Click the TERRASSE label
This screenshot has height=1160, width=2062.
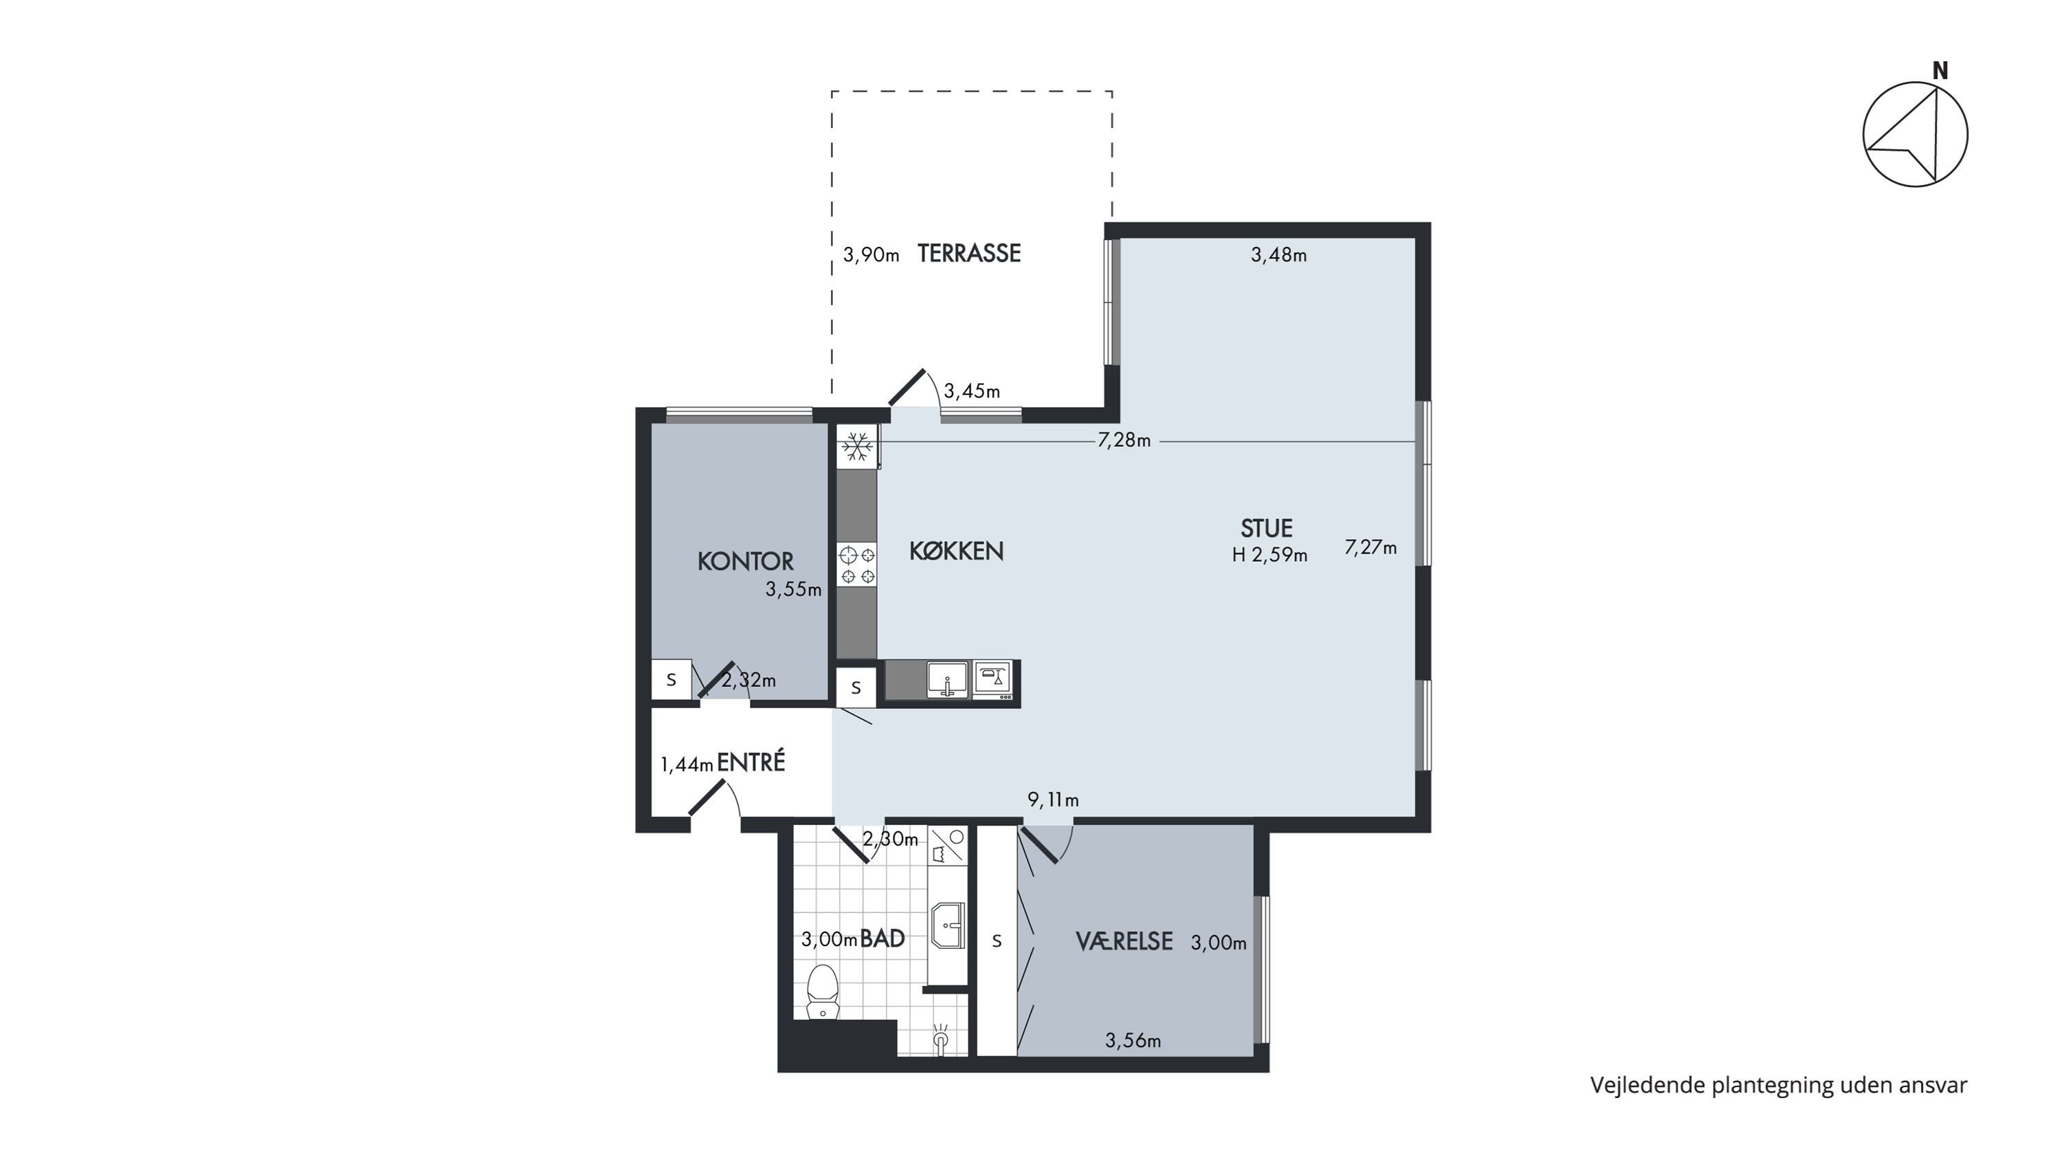(968, 254)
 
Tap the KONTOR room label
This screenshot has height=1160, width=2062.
(745, 561)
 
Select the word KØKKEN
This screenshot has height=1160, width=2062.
(957, 551)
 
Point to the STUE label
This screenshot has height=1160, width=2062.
(1266, 528)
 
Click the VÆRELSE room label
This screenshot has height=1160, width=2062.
(1124, 941)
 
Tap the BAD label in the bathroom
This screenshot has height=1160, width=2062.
(882, 939)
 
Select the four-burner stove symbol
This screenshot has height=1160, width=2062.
(857, 565)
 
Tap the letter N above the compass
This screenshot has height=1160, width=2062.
(1940, 72)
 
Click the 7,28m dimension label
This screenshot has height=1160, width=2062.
(1124, 440)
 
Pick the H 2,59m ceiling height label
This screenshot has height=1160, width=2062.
(1270, 555)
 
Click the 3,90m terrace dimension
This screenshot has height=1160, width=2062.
(871, 255)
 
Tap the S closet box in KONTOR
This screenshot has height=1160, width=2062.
(672, 679)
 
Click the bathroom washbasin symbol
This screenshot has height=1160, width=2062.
(949, 926)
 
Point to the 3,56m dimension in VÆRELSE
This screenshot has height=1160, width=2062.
(1133, 1041)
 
